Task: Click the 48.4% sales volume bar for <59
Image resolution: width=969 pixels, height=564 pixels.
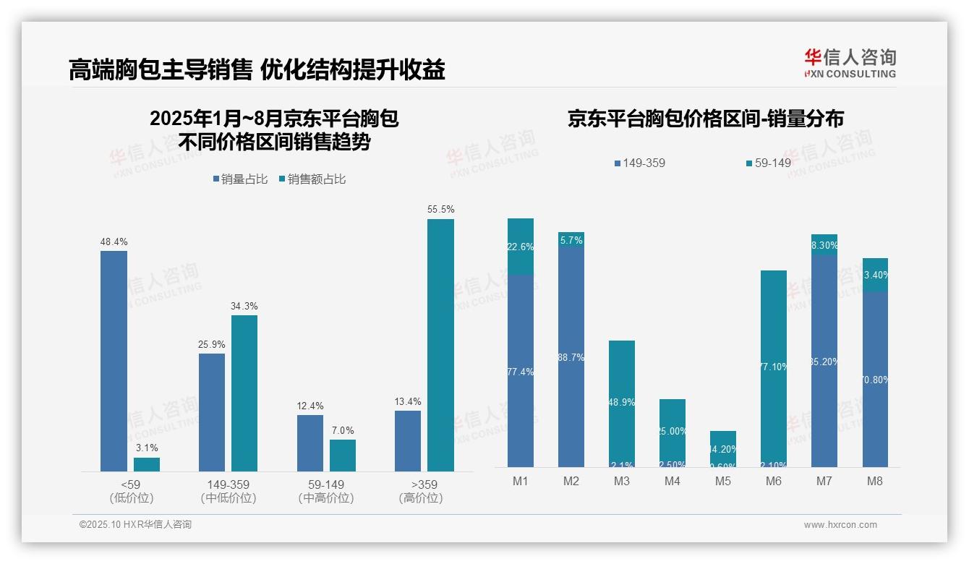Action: (114, 361)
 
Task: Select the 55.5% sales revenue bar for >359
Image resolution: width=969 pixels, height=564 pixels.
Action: (440, 345)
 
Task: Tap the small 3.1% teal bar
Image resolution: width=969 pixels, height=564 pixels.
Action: (147, 464)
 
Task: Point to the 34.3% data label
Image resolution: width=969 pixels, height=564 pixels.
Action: (244, 306)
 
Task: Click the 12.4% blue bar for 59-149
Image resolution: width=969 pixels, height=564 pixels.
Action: (310, 443)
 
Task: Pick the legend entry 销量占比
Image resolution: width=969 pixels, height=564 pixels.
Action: (241, 179)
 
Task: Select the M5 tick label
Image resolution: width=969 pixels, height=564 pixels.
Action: (723, 482)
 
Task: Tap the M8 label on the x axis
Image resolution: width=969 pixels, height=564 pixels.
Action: (875, 482)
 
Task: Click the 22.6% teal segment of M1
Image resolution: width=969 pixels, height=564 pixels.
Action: (521, 247)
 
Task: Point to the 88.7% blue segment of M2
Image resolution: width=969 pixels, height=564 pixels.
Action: (571, 357)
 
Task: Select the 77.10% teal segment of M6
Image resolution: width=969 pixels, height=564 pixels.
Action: (774, 367)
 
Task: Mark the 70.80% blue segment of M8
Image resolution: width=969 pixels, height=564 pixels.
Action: (875, 380)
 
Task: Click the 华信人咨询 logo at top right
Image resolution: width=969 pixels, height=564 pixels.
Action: (850, 63)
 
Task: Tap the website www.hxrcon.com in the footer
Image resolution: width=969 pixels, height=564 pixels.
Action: (840, 525)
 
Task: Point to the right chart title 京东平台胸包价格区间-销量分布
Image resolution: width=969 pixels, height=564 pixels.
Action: (705, 119)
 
